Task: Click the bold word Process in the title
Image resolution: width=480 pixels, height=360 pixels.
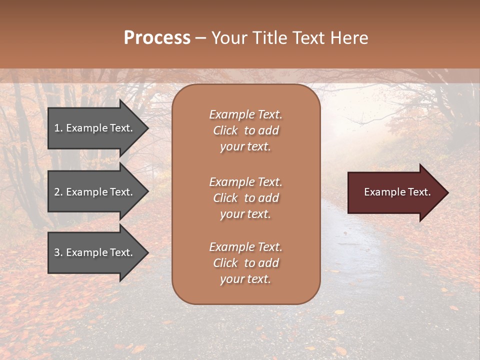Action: click(x=157, y=38)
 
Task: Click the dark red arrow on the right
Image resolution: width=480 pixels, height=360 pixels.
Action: click(x=395, y=192)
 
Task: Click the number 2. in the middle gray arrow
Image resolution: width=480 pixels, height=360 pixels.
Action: click(x=58, y=192)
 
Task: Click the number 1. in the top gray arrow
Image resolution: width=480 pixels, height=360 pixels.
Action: click(x=58, y=128)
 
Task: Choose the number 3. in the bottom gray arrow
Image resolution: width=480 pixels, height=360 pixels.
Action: click(x=58, y=252)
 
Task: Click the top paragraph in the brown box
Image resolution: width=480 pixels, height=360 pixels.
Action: click(x=245, y=130)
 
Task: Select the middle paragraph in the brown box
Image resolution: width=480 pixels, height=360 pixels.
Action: click(x=245, y=198)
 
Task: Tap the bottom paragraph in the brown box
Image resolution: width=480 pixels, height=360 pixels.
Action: click(x=245, y=263)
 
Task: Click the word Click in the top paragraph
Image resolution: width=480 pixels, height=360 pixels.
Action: click(x=225, y=130)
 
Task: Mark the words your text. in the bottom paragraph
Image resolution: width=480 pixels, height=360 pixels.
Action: click(x=245, y=279)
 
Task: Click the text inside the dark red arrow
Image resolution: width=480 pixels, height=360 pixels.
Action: click(x=397, y=192)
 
